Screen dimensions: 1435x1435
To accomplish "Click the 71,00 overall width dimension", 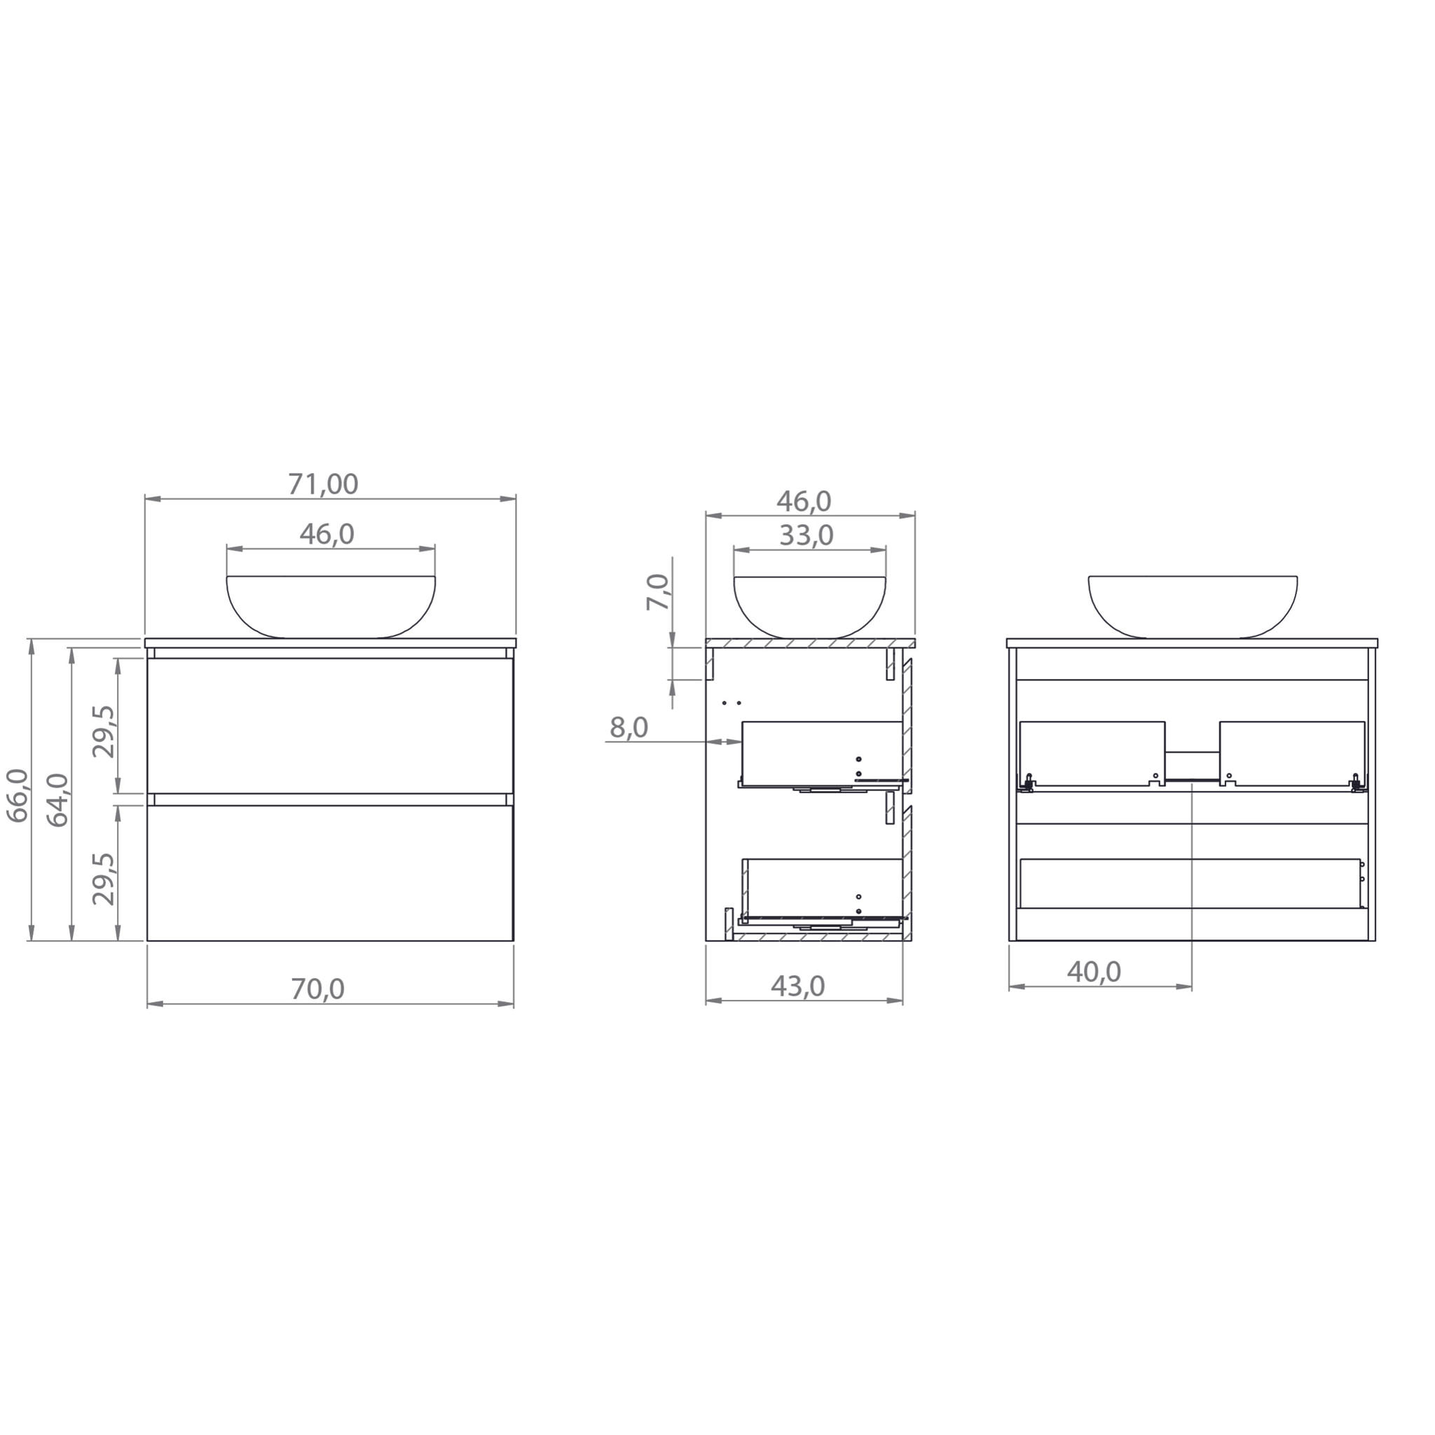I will pos(322,484).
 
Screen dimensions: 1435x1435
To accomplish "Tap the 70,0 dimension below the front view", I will pos(317,989).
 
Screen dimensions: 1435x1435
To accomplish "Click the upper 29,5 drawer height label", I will pos(104,732).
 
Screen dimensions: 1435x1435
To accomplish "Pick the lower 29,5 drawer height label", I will pos(104,879).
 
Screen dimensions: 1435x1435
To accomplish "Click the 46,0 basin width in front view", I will pos(327,534).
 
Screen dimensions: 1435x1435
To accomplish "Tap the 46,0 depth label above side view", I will pos(804,502).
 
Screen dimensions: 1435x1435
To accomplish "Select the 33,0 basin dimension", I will pos(806,535).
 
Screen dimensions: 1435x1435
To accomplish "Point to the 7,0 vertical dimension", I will pos(657,592).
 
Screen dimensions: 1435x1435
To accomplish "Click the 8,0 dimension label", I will pos(629,728).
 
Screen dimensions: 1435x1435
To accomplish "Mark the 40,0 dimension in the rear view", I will pos(1094,972).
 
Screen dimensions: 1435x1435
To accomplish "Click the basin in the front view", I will pos(331,605).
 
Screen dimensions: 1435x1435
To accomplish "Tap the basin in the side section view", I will pos(809,605).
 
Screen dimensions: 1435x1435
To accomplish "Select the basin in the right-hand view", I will pos(1193,605).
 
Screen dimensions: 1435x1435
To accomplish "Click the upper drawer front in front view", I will pos(331,726).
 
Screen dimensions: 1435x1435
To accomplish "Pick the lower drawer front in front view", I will pos(331,874).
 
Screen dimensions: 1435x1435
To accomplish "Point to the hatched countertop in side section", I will pos(809,643).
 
